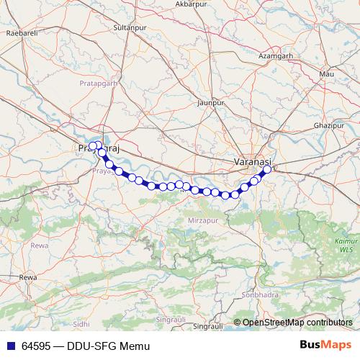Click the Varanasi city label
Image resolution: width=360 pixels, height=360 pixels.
click(x=252, y=163)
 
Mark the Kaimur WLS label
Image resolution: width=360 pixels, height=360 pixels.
click(x=346, y=245)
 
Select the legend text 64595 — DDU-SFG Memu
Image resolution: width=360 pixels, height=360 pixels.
click(x=79, y=346)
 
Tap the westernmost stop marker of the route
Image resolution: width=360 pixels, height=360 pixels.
click(x=92, y=146)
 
